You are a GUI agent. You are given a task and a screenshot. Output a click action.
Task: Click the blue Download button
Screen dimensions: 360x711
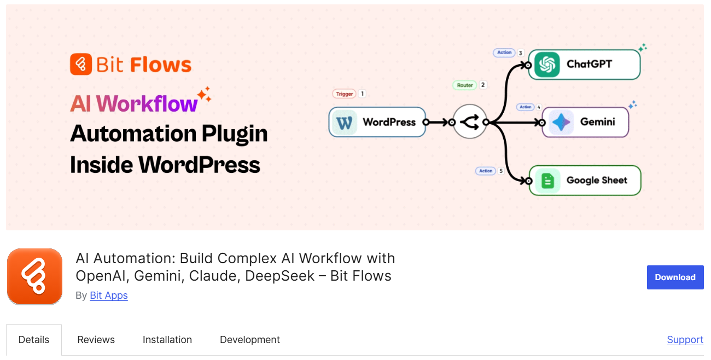click(675, 277)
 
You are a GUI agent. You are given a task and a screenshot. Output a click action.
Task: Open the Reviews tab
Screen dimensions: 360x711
click(96, 340)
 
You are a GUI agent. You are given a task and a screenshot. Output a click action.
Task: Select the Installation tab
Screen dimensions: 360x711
click(167, 340)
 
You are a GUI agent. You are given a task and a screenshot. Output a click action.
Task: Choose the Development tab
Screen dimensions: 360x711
click(250, 340)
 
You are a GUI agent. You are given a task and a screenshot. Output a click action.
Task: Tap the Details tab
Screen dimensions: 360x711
click(34, 340)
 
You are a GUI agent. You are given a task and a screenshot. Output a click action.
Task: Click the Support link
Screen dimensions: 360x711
click(685, 340)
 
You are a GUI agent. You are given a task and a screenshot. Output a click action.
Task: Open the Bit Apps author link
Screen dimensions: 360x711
click(109, 295)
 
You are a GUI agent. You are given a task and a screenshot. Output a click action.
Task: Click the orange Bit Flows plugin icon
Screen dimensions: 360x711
click(34, 276)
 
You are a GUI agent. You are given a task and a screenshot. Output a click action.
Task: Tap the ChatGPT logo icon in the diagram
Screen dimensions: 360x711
click(547, 65)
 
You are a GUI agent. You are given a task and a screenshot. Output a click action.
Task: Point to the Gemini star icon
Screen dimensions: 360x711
click(561, 122)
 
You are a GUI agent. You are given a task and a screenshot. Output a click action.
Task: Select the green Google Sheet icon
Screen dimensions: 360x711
click(547, 181)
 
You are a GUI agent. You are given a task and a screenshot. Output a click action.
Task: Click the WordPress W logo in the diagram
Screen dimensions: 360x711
click(345, 122)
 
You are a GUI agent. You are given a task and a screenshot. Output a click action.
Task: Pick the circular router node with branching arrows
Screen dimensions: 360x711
click(469, 122)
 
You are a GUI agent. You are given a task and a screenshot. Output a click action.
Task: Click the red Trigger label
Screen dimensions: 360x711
click(344, 94)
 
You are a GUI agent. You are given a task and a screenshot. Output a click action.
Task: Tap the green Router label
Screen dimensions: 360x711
click(465, 85)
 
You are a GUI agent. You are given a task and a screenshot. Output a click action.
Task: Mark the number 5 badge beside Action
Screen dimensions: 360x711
click(501, 171)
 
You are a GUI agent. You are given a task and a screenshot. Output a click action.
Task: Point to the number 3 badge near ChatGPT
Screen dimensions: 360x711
click(520, 53)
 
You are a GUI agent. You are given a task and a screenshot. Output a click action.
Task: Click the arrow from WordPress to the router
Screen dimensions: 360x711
click(439, 122)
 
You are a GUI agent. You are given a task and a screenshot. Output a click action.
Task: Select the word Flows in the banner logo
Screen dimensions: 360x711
click(161, 65)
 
